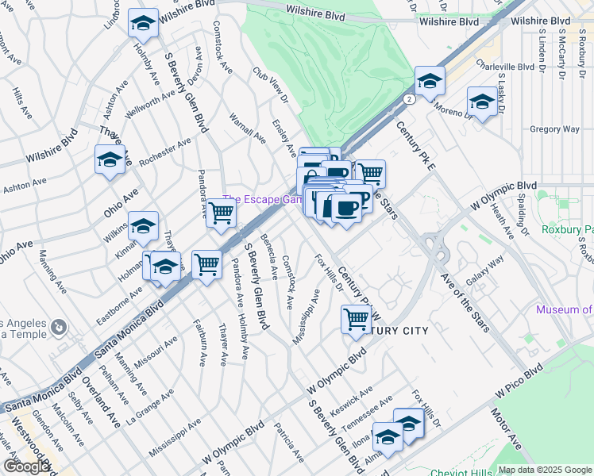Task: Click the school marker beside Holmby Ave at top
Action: pos(143,25)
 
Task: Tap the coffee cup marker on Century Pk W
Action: pos(346,209)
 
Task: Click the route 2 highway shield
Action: pos(408,99)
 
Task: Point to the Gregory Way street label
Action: pos(554,129)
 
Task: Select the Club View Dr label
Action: pos(270,85)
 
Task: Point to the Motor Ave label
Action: pos(505,448)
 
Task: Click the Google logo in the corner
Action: pos(25,466)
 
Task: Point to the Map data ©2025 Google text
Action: pos(541,470)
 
